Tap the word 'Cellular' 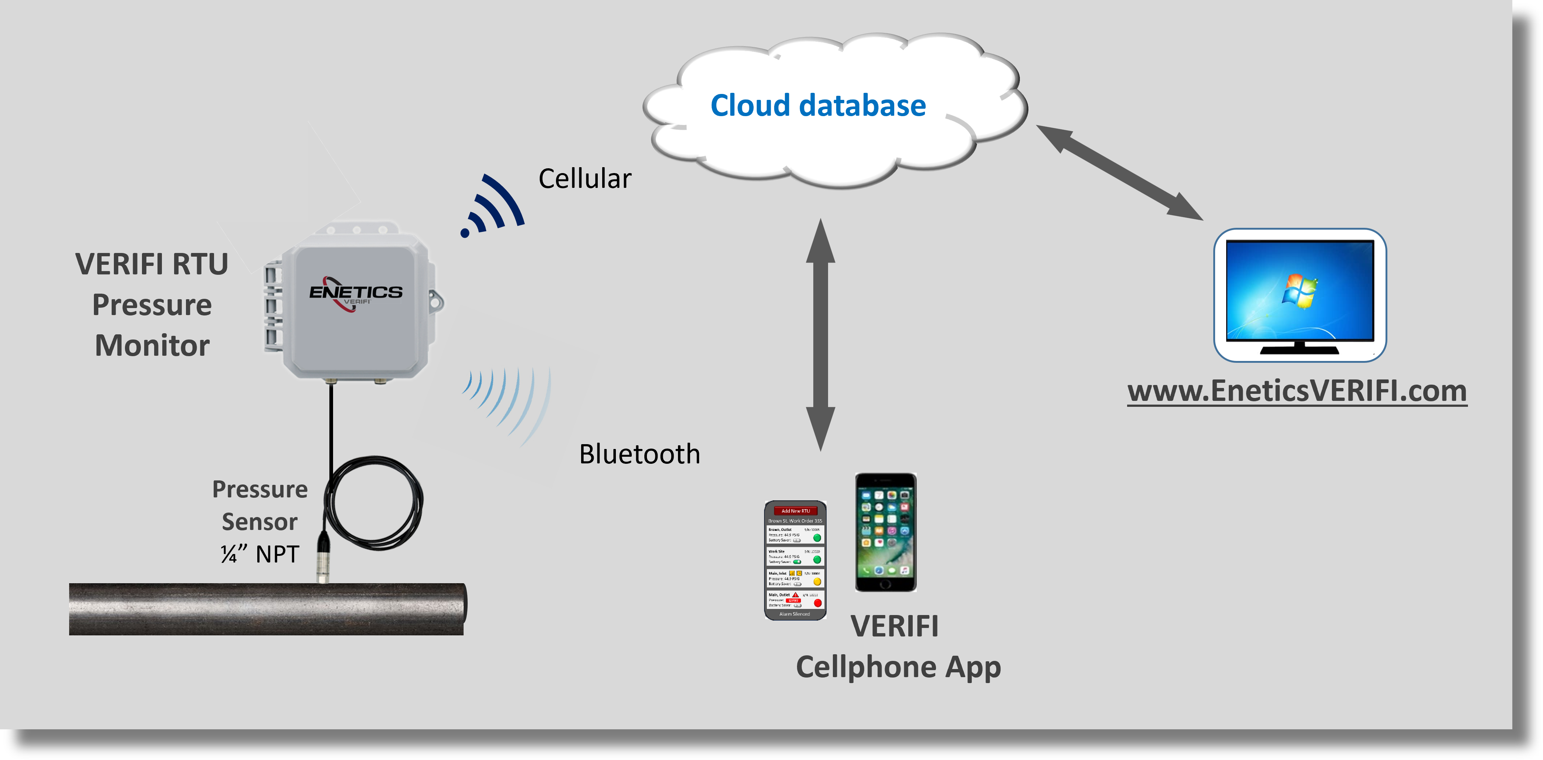[584, 179]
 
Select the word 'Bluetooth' [639, 454]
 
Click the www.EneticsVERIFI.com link [1297, 391]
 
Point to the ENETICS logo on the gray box [355, 293]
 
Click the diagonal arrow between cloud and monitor [1119, 172]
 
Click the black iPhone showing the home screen [885, 532]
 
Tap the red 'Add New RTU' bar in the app [796, 511]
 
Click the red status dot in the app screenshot [818, 602]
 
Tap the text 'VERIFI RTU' [152, 264]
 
